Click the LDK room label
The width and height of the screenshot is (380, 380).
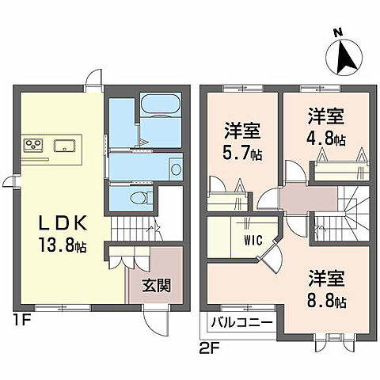point(55,224)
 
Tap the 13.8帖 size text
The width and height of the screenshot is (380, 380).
point(59,246)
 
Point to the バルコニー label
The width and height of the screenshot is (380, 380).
point(242,323)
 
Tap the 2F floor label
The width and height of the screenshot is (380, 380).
point(208,346)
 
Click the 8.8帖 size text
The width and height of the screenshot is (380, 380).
point(326,302)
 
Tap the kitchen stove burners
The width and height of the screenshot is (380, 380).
point(33,144)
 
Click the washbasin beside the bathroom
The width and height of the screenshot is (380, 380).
point(176,167)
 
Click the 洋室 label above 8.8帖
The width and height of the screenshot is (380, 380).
point(326,279)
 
